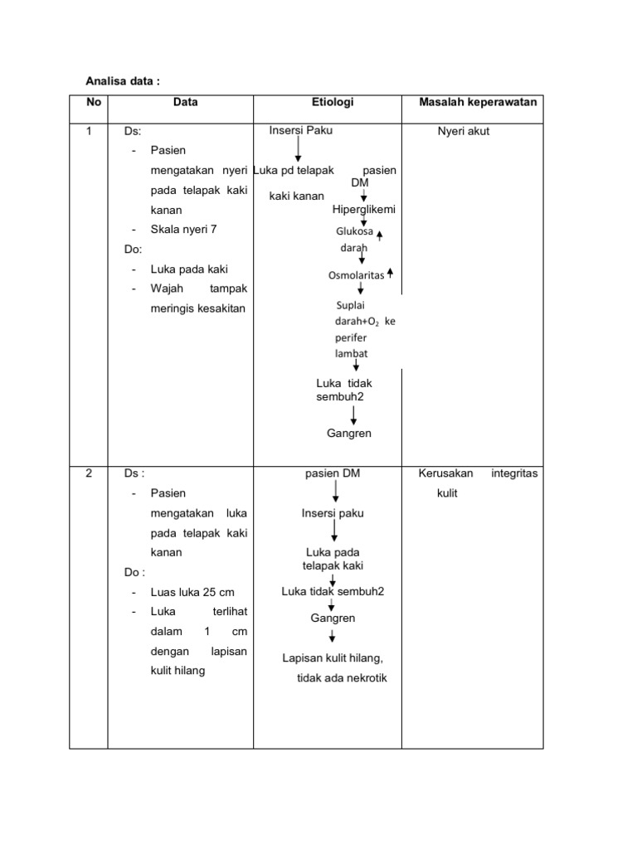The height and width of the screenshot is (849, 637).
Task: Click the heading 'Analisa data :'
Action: coord(123,80)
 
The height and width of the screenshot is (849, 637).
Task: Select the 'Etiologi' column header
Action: coord(333,102)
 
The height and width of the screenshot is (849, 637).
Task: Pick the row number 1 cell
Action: coord(89,131)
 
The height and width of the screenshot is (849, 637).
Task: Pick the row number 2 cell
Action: coord(89,473)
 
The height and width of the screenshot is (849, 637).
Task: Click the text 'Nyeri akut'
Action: coord(464,131)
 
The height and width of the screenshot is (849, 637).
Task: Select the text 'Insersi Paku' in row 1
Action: coord(301,130)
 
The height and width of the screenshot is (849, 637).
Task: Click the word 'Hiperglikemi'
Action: coord(364,209)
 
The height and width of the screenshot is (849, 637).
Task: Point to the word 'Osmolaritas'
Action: coord(357,275)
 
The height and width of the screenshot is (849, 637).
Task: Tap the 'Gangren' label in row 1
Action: coord(349,433)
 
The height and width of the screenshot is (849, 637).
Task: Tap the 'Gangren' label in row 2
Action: coord(333,618)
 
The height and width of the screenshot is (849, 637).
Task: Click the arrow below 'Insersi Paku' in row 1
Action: coord(298,149)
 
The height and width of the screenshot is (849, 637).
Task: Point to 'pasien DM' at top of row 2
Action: coord(333,473)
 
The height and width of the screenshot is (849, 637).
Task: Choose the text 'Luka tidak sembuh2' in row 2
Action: coord(333,591)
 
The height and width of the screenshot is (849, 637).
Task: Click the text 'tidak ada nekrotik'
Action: coord(342,678)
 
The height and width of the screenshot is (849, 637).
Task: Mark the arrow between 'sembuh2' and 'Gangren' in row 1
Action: coord(354,415)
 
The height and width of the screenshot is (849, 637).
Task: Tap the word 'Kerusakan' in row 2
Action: coord(446,473)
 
